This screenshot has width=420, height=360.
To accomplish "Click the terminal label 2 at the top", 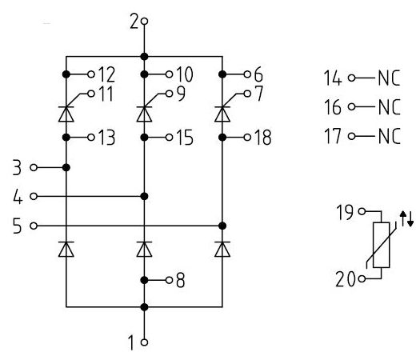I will (x=134, y=22).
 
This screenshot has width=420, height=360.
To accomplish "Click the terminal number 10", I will (x=184, y=75).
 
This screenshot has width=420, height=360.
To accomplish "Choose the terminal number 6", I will (x=258, y=75).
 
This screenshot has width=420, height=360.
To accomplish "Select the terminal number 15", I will (x=184, y=138).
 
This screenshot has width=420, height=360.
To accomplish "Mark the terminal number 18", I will (x=262, y=138).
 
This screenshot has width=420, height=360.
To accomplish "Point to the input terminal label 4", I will (x=18, y=196).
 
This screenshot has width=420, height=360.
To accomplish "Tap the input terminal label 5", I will (x=18, y=225).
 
